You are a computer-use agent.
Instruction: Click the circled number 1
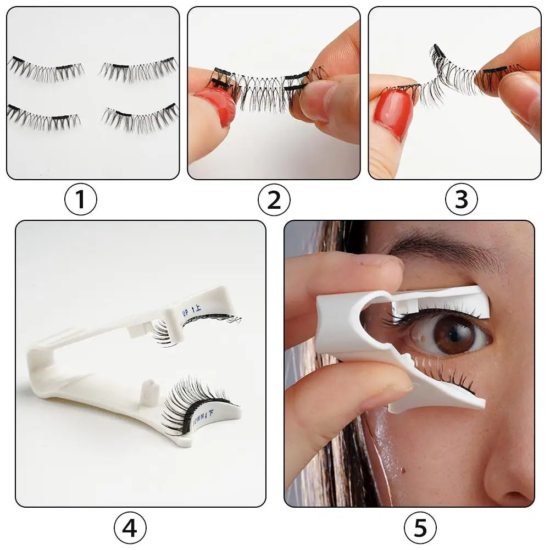(81, 199)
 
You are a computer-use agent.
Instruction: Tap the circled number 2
(274, 199)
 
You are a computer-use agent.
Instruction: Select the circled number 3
(461, 199)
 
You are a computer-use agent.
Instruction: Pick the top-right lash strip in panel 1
(138, 68)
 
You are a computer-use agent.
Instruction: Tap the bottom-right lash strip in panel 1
(141, 117)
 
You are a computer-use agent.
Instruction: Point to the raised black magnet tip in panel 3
(438, 52)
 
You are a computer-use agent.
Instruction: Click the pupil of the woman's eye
(454, 334)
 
